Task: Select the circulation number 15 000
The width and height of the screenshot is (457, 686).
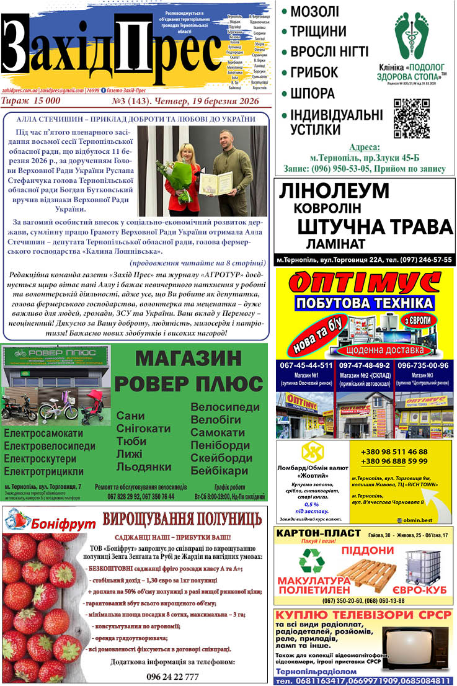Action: [45, 100]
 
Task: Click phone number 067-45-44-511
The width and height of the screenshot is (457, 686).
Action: [305, 365]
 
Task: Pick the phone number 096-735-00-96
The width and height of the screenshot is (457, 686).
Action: [423, 365]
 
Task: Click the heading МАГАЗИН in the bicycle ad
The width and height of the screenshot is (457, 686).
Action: [188, 359]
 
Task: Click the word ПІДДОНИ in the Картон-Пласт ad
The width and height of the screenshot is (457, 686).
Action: [366, 550]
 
